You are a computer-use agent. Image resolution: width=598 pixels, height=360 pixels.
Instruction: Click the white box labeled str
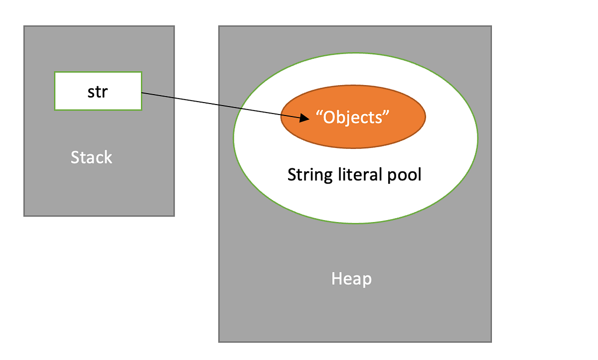click(x=98, y=91)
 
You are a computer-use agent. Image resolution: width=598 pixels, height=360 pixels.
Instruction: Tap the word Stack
click(x=91, y=157)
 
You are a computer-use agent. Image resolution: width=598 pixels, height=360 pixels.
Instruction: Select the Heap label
click(x=351, y=279)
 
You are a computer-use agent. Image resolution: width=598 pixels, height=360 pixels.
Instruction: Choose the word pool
click(x=403, y=174)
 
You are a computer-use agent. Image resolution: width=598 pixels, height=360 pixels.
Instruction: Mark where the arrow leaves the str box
click(x=143, y=93)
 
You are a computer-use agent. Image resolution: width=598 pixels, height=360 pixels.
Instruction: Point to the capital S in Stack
click(x=75, y=157)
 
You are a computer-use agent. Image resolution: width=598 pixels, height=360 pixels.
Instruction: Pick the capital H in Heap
click(x=337, y=279)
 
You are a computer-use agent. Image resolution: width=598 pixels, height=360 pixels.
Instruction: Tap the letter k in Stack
click(x=108, y=157)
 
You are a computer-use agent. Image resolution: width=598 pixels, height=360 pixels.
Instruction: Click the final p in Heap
click(x=367, y=280)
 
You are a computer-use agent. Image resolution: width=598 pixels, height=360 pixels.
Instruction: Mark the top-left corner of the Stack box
click(x=24, y=26)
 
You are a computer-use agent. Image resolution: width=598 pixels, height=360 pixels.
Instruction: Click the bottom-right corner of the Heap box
click(x=491, y=342)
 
